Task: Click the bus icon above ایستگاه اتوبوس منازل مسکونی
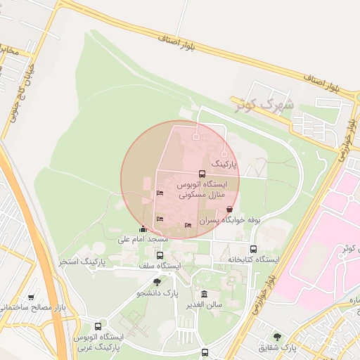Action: pyautogui.click(x=202, y=173)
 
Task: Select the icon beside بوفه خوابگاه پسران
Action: pyautogui.click(x=231, y=209)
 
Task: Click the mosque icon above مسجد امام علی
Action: pyautogui.click(x=143, y=229)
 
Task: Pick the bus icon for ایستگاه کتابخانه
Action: pyautogui.click(x=253, y=249)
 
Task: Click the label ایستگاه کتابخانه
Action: pyautogui.click(x=253, y=259)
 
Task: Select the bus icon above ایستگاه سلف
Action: pyautogui.click(x=160, y=256)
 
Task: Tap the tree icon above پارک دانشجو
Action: pyautogui.click(x=157, y=282)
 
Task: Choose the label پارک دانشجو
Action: pyautogui.click(x=157, y=292)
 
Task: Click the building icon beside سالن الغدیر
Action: pyautogui.click(x=205, y=294)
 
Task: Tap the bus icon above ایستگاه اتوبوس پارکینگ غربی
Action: pyautogui.click(x=98, y=327)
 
